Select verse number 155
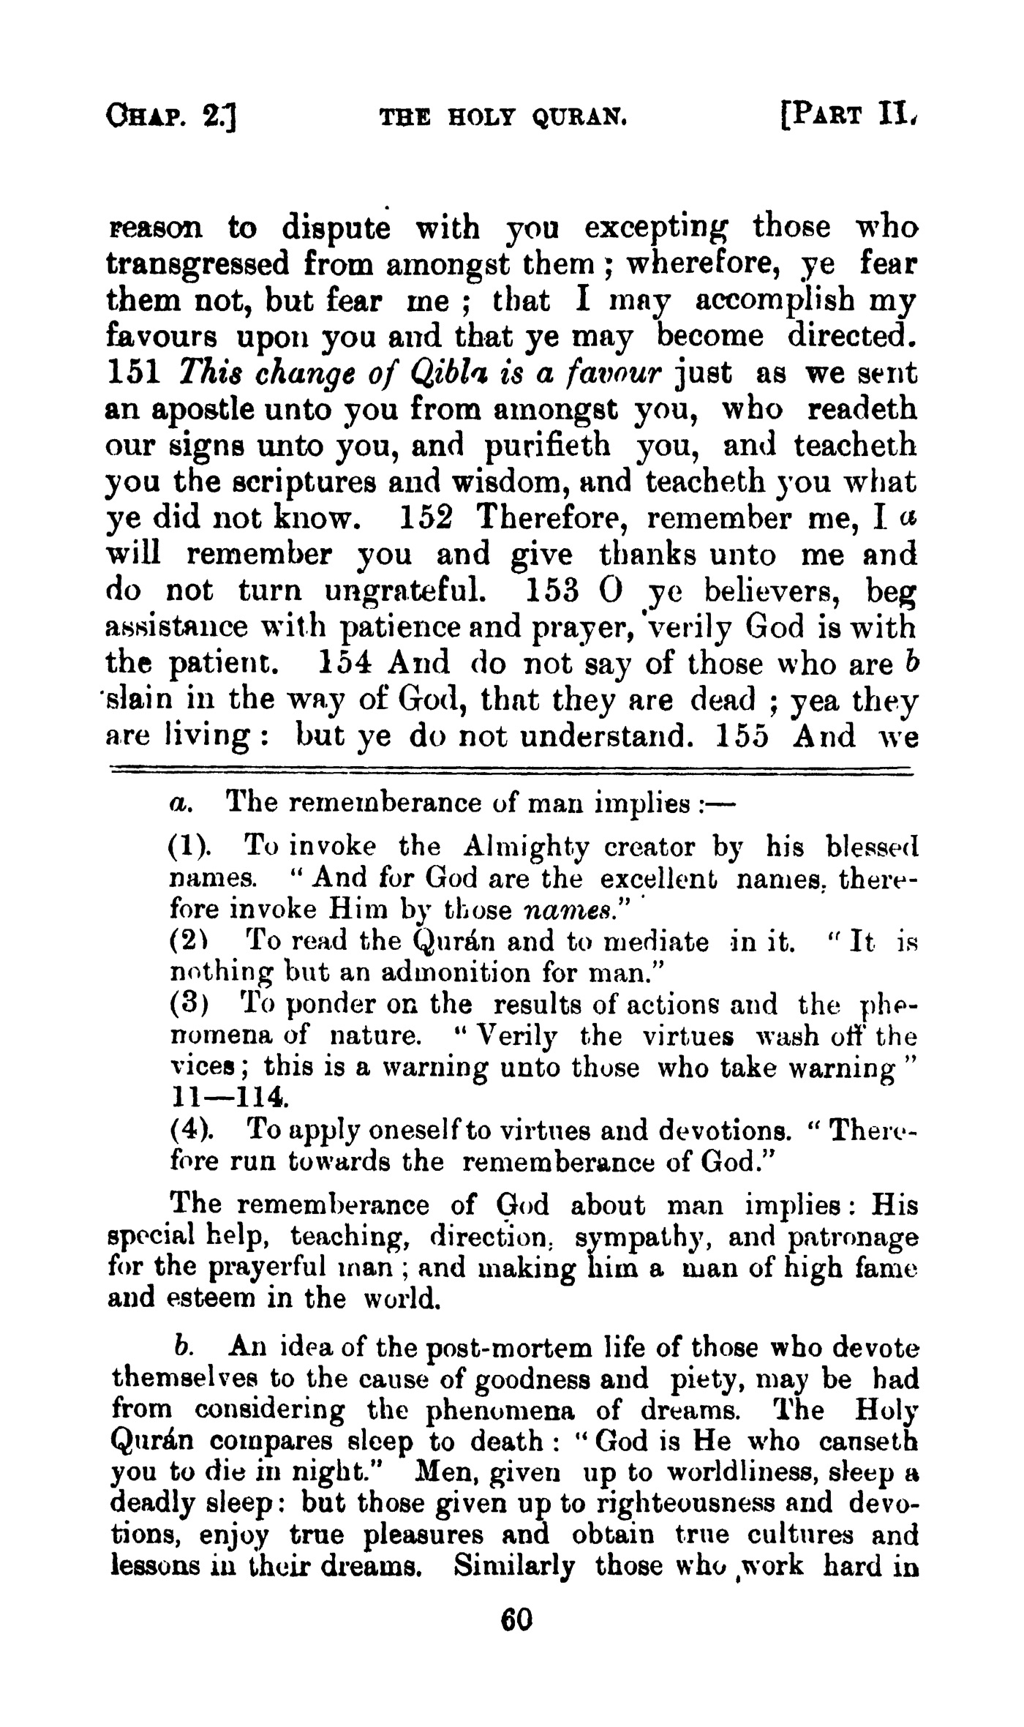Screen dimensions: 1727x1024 pyautogui.click(x=742, y=736)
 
